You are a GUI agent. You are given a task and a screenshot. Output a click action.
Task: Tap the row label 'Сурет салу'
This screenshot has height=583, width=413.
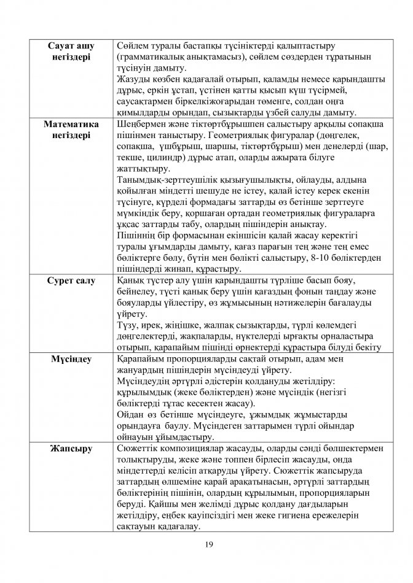72,281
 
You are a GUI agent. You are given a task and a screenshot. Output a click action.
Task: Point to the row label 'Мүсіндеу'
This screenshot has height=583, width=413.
72,359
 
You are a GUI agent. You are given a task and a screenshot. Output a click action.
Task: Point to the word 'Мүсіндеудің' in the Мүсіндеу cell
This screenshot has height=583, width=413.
143,381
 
